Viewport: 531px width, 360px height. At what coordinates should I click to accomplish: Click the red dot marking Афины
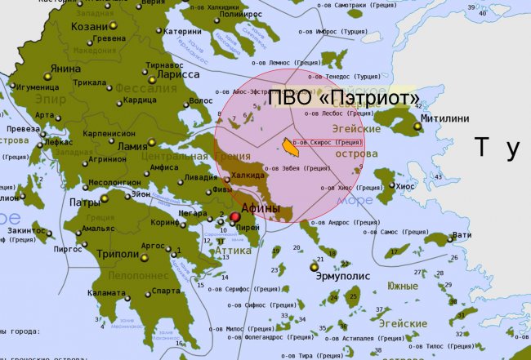coord(235,218)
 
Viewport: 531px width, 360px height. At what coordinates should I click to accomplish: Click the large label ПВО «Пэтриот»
coord(345,98)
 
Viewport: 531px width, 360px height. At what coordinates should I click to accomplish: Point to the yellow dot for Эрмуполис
coord(314,266)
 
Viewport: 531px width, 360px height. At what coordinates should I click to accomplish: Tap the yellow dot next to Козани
coord(114,26)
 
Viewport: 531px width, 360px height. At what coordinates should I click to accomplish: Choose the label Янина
coord(65,69)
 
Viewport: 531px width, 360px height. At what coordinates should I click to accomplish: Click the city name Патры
coord(85,202)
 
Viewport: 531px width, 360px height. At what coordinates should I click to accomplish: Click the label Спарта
coord(166,291)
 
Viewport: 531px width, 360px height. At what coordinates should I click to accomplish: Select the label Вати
coord(462,235)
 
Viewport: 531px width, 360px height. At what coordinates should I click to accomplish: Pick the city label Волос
coord(200,101)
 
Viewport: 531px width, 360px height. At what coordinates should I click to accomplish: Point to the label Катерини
coord(182,32)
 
